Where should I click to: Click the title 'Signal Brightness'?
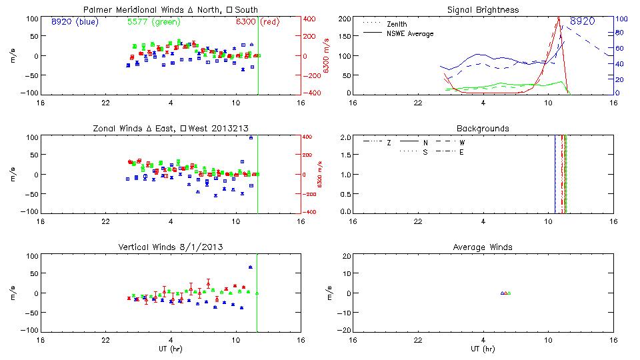tap(482, 10)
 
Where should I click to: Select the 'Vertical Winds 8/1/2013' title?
tap(170, 247)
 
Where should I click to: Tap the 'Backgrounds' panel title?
tap(482, 128)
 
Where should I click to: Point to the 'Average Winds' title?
tap(482, 247)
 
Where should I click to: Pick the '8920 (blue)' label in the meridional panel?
tap(75, 22)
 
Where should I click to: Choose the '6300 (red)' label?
tap(257, 22)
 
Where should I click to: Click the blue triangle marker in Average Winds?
tap(502, 293)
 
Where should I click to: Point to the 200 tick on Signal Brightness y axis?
tap(345, 19)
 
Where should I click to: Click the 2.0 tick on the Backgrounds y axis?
tap(345, 137)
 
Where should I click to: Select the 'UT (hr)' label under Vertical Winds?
tap(170, 349)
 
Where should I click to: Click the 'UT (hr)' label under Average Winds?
tap(482, 349)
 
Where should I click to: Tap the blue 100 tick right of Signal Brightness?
tap(619, 19)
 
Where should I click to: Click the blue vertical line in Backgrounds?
tap(555, 173)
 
